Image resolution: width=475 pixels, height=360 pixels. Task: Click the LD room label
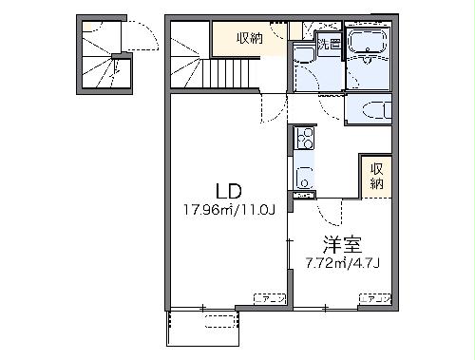pyautogui.click(x=227, y=188)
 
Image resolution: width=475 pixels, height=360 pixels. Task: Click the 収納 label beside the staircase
pyautogui.click(x=250, y=38)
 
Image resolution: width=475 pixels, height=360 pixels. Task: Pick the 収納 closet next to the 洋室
pyautogui.click(x=375, y=176)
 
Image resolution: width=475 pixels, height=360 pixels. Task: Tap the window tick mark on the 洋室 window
pyautogui.click(x=325, y=308)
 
